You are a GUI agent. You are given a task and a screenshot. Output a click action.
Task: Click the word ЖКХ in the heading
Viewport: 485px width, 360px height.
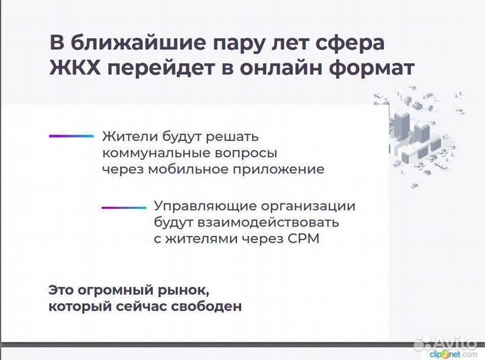click(75, 69)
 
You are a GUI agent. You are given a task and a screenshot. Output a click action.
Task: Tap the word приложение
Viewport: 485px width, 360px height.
click(280, 169)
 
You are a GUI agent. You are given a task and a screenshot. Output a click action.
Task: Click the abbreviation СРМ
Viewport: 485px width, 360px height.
click(303, 238)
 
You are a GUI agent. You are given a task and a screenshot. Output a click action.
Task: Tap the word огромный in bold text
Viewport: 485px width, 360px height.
click(112, 291)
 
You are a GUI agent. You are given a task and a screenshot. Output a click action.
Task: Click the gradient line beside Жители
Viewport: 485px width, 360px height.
click(71, 136)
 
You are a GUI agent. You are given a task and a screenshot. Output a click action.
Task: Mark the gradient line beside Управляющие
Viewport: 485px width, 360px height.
click(123, 208)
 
